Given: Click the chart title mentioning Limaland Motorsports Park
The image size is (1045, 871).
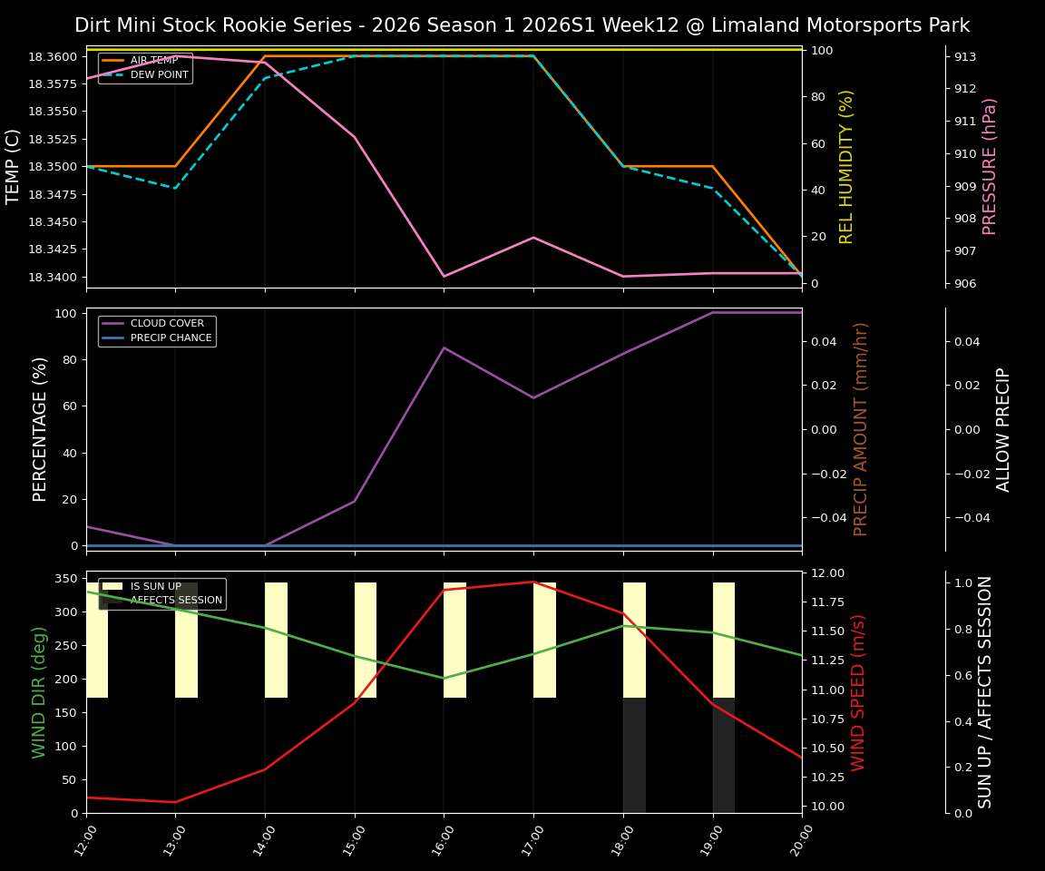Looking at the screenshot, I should point(522,25).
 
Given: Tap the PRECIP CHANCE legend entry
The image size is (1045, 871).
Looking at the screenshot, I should point(171,338).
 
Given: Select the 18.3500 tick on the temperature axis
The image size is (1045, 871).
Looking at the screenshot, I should point(54,167).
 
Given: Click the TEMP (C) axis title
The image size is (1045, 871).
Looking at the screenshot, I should point(14,166).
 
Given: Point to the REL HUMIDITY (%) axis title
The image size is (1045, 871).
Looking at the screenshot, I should point(847,166).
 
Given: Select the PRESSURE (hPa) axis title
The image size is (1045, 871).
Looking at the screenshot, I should point(990,166).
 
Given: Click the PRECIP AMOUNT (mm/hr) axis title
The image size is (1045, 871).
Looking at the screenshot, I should point(862,428).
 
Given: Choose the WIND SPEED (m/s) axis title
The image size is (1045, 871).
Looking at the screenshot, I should point(858,691).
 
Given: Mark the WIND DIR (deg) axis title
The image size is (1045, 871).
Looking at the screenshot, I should point(39,691).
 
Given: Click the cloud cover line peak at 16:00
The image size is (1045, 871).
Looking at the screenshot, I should point(444,347).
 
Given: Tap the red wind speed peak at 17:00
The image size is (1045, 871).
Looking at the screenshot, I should point(533,582).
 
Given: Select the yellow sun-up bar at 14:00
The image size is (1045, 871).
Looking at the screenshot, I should point(276,640).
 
